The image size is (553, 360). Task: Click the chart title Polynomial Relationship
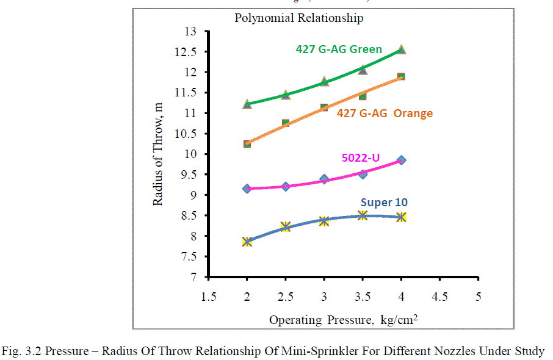point(299,18)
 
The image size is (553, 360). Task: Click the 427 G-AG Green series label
point(339,49)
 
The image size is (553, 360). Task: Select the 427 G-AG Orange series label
point(385,113)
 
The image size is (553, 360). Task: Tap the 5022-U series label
point(361,158)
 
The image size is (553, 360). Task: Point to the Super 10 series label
point(384,203)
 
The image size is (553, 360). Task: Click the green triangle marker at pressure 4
point(401,49)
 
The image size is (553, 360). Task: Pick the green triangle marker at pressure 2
point(247,104)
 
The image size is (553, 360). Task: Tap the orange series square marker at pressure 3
point(324,107)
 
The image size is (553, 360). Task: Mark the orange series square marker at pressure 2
point(247,144)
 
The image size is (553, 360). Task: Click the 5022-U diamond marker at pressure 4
point(401,160)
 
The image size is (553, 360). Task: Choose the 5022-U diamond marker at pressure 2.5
point(286,186)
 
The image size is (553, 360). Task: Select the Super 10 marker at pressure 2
point(247,242)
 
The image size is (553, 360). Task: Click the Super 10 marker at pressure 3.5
point(363,215)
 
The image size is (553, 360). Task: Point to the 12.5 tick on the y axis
point(192,52)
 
